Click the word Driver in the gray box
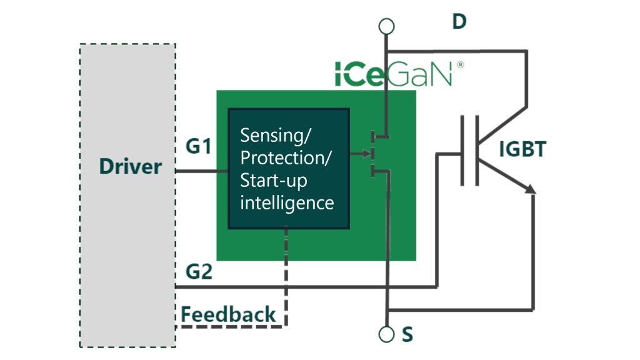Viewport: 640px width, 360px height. coord(130,167)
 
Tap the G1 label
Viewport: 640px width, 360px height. coord(199,147)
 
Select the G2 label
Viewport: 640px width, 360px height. coord(199,272)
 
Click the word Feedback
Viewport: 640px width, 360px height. coord(228,314)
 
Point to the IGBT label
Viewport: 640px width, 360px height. coord(522,149)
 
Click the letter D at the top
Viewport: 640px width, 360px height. coord(459,22)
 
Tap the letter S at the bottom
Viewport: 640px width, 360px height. coord(407,336)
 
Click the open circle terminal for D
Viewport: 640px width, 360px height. coord(387,26)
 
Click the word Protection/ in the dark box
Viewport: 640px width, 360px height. coord(286,157)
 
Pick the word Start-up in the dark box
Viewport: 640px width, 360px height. coord(274,180)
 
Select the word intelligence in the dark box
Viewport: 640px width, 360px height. coord(287,202)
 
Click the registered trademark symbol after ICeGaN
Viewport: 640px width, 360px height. coord(460,64)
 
